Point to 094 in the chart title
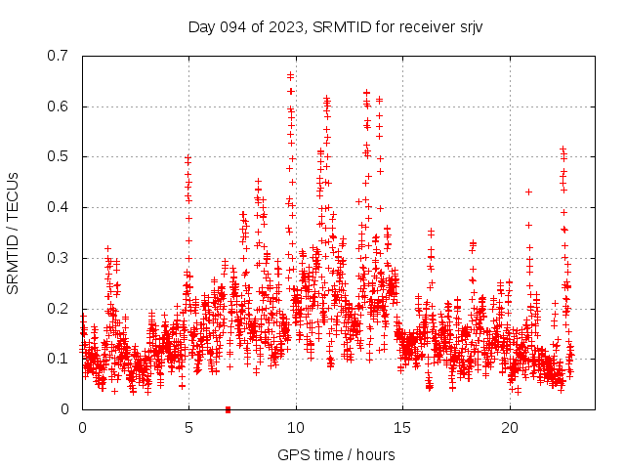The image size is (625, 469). pos(231,26)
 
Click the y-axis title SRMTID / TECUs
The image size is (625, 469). pos(13,233)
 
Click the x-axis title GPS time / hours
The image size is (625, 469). pos(336,454)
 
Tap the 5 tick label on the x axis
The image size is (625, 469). pos(189,428)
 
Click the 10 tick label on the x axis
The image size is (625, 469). pos(296,428)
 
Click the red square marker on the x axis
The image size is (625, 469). pos(228,409)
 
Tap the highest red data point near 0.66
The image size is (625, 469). pos(291,75)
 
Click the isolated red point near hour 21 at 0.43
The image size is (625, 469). pos(528,192)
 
